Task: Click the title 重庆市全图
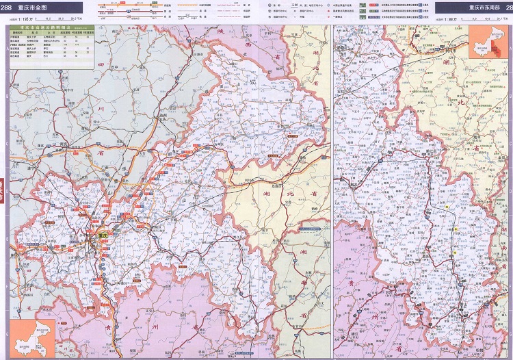pos(33,8)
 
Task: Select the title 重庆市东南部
pos(484,8)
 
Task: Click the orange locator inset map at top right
pos(485,44)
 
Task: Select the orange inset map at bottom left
pos(32,335)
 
